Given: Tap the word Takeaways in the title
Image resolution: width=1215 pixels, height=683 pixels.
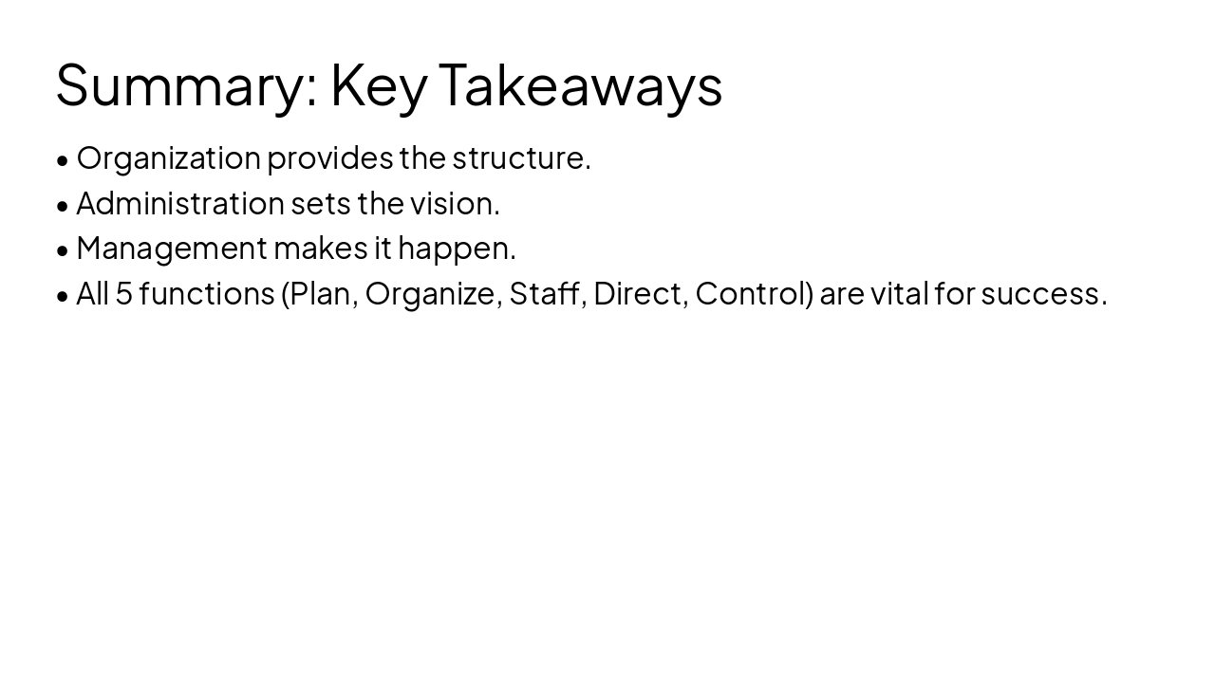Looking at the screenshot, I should click(580, 85).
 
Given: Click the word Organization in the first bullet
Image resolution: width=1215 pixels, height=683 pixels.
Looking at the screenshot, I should click(168, 158).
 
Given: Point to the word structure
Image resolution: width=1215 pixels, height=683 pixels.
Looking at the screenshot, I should click(520, 158).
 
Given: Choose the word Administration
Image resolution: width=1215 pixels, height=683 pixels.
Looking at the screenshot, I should click(180, 203).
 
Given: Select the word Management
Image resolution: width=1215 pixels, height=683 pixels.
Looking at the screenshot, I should click(172, 249).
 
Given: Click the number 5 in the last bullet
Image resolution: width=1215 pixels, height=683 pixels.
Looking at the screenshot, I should click(124, 294).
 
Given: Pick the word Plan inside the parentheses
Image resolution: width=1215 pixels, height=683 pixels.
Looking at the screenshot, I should click(321, 294).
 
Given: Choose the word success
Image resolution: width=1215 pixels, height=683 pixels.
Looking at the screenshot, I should click(1043, 294).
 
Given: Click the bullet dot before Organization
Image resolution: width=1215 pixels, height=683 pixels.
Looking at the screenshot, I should click(63, 160).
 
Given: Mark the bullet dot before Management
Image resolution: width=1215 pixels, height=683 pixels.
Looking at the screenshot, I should click(63, 250).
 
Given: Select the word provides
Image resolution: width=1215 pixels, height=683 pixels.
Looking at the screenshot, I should click(330, 158).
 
